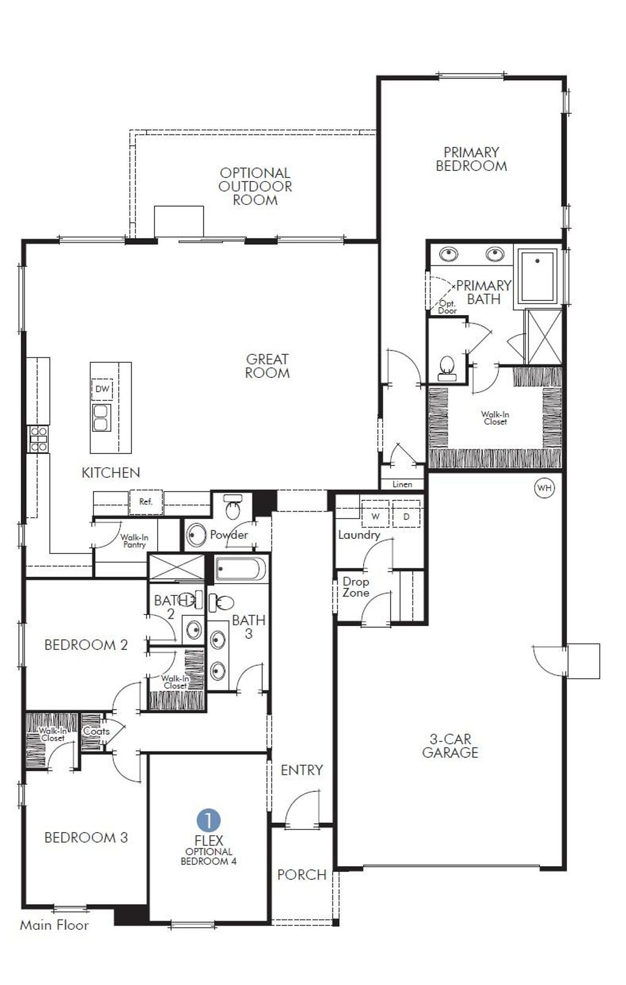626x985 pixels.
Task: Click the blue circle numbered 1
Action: pos(208,820)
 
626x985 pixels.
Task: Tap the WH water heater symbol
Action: pos(544,488)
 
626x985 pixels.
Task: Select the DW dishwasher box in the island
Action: pos(102,388)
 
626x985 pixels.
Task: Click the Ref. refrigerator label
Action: pos(145,502)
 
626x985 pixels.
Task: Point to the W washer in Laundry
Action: pos(375,516)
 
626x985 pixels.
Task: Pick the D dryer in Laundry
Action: pos(407,516)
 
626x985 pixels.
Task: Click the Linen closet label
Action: pos(402,484)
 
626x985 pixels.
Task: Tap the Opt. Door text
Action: pos(447,307)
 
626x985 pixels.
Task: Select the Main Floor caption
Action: pos(54,925)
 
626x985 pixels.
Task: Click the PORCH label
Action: pos(301,874)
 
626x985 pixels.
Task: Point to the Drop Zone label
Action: pos(356,587)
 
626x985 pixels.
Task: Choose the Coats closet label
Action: pos(96,731)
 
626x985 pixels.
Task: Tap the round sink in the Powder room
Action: pos(196,535)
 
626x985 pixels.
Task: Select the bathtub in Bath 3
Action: pos(240,569)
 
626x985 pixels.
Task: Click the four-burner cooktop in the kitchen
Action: pos(39,439)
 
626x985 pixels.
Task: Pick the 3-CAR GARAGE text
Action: pos(450,746)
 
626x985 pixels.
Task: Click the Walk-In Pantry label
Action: pos(134,541)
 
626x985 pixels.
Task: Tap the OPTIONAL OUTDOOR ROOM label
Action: pos(255,186)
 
